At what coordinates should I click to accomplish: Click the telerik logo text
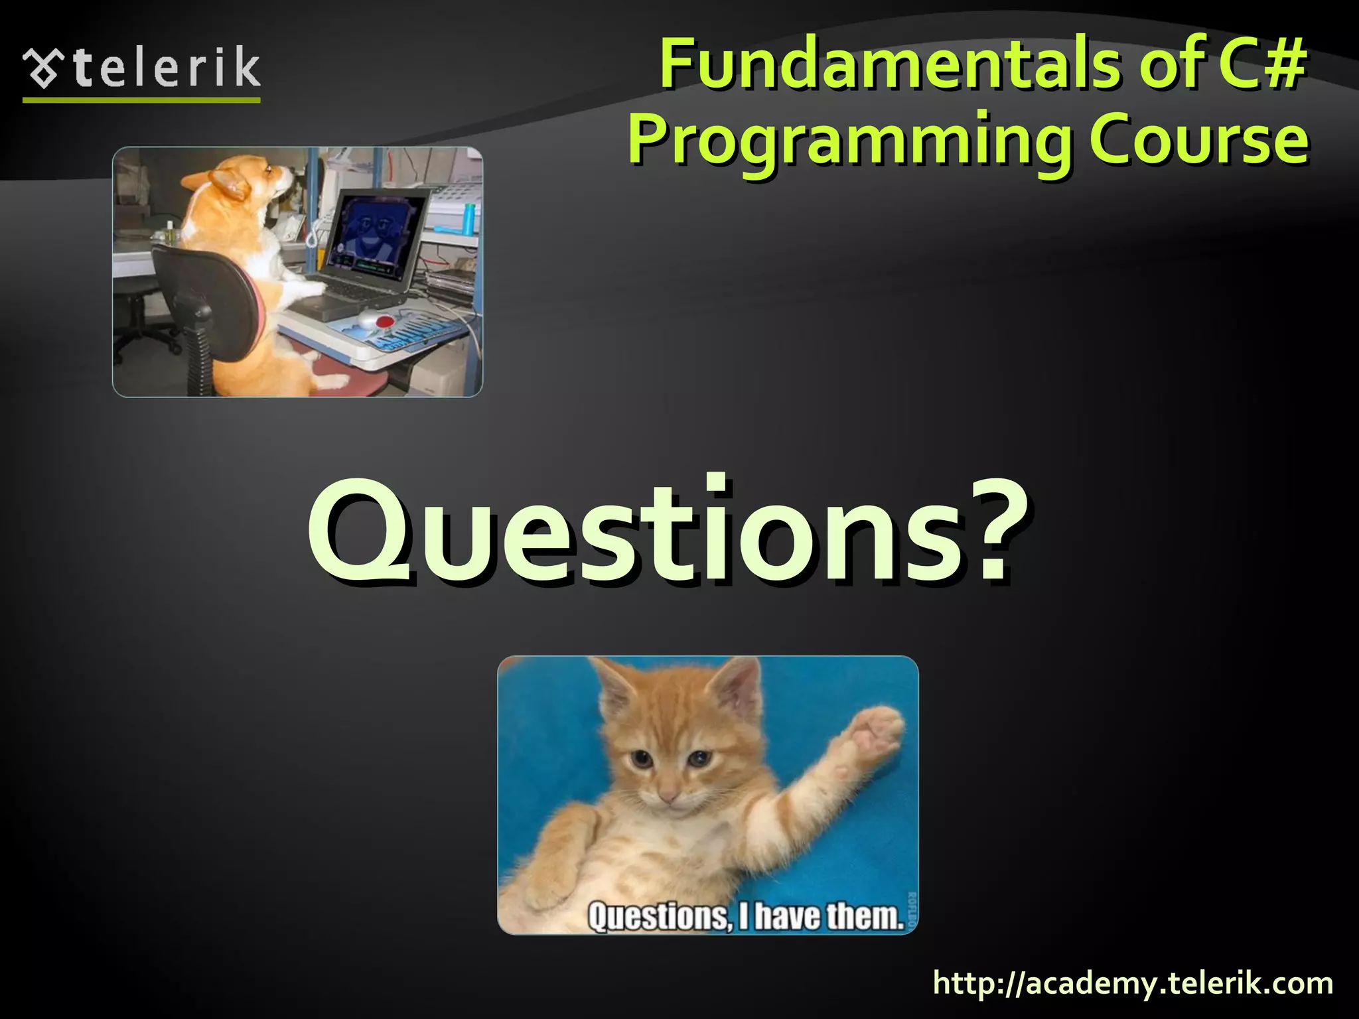[x=166, y=68]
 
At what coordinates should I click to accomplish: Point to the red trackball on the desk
[x=384, y=322]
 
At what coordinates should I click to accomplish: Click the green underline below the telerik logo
[x=141, y=100]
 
